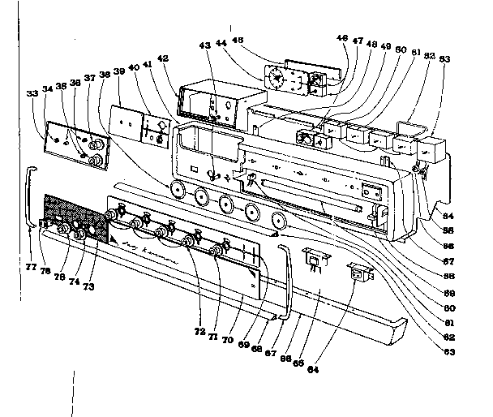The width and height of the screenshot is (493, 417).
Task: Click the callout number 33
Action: click(32, 94)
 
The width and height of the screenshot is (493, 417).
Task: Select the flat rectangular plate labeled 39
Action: click(125, 118)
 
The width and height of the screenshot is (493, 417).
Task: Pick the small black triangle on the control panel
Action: click(116, 244)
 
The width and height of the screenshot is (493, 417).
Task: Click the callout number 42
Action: click(163, 59)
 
